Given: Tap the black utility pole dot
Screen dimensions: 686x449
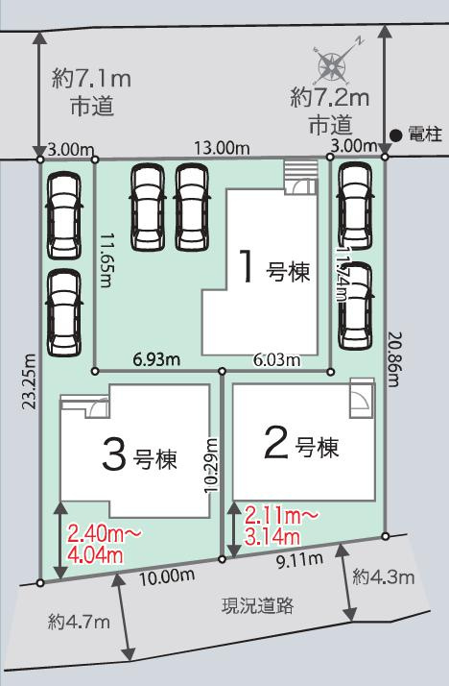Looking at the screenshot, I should point(395,135).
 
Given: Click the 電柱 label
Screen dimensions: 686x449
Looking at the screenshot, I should point(424,135).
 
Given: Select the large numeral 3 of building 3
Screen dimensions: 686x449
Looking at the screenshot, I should point(112,454).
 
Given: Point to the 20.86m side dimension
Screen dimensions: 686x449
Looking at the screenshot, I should point(394,359).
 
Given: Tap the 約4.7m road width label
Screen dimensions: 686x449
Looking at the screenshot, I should point(79,623).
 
